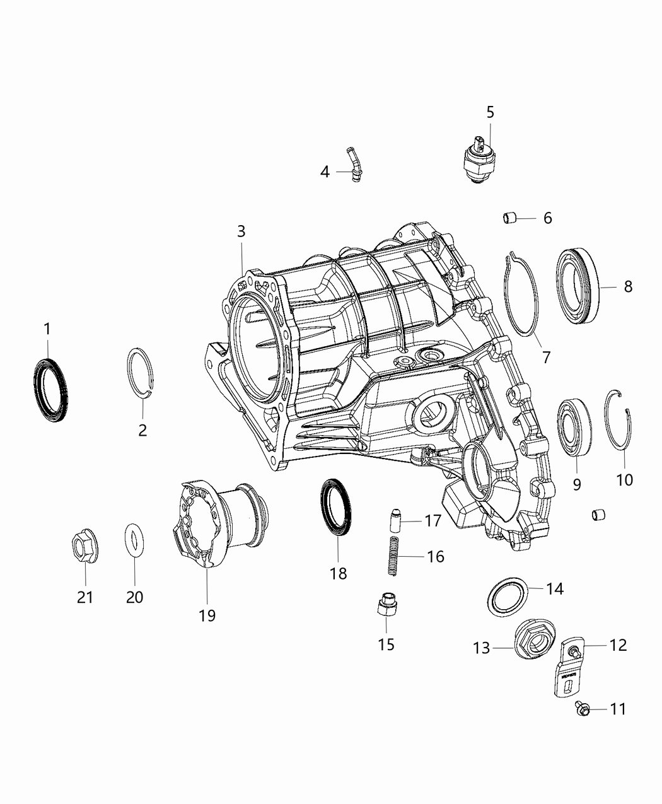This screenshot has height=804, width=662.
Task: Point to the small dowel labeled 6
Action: (509, 218)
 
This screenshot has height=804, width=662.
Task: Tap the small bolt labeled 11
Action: (580, 709)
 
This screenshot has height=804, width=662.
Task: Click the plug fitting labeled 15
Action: (387, 606)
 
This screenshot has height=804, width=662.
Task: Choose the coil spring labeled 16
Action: (394, 556)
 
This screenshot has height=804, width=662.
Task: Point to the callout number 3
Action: (241, 231)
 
